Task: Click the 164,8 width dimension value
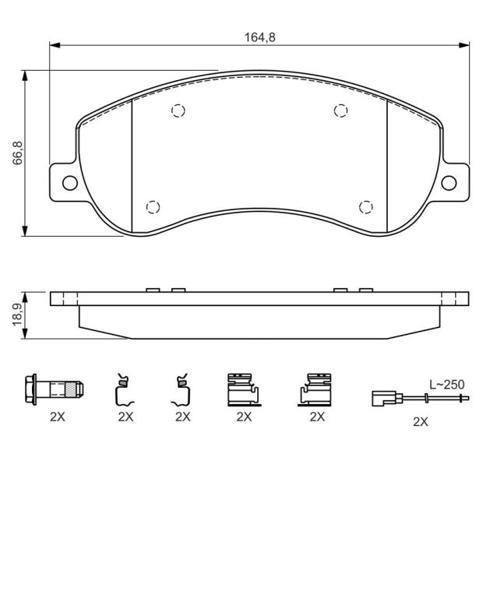[x=260, y=37]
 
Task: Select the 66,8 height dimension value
[x=18, y=153]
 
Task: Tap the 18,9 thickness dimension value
[x=18, y=315]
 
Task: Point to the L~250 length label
[x=446, y=385]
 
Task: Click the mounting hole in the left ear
[x=70, y=183]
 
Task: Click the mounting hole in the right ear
[x=449, y=183]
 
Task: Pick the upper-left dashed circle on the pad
[x=178, y=111]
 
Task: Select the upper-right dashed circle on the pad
[x=340, y=111]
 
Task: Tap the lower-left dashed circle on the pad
[x=153, y=207]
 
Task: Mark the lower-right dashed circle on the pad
[x=366, y=207]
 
